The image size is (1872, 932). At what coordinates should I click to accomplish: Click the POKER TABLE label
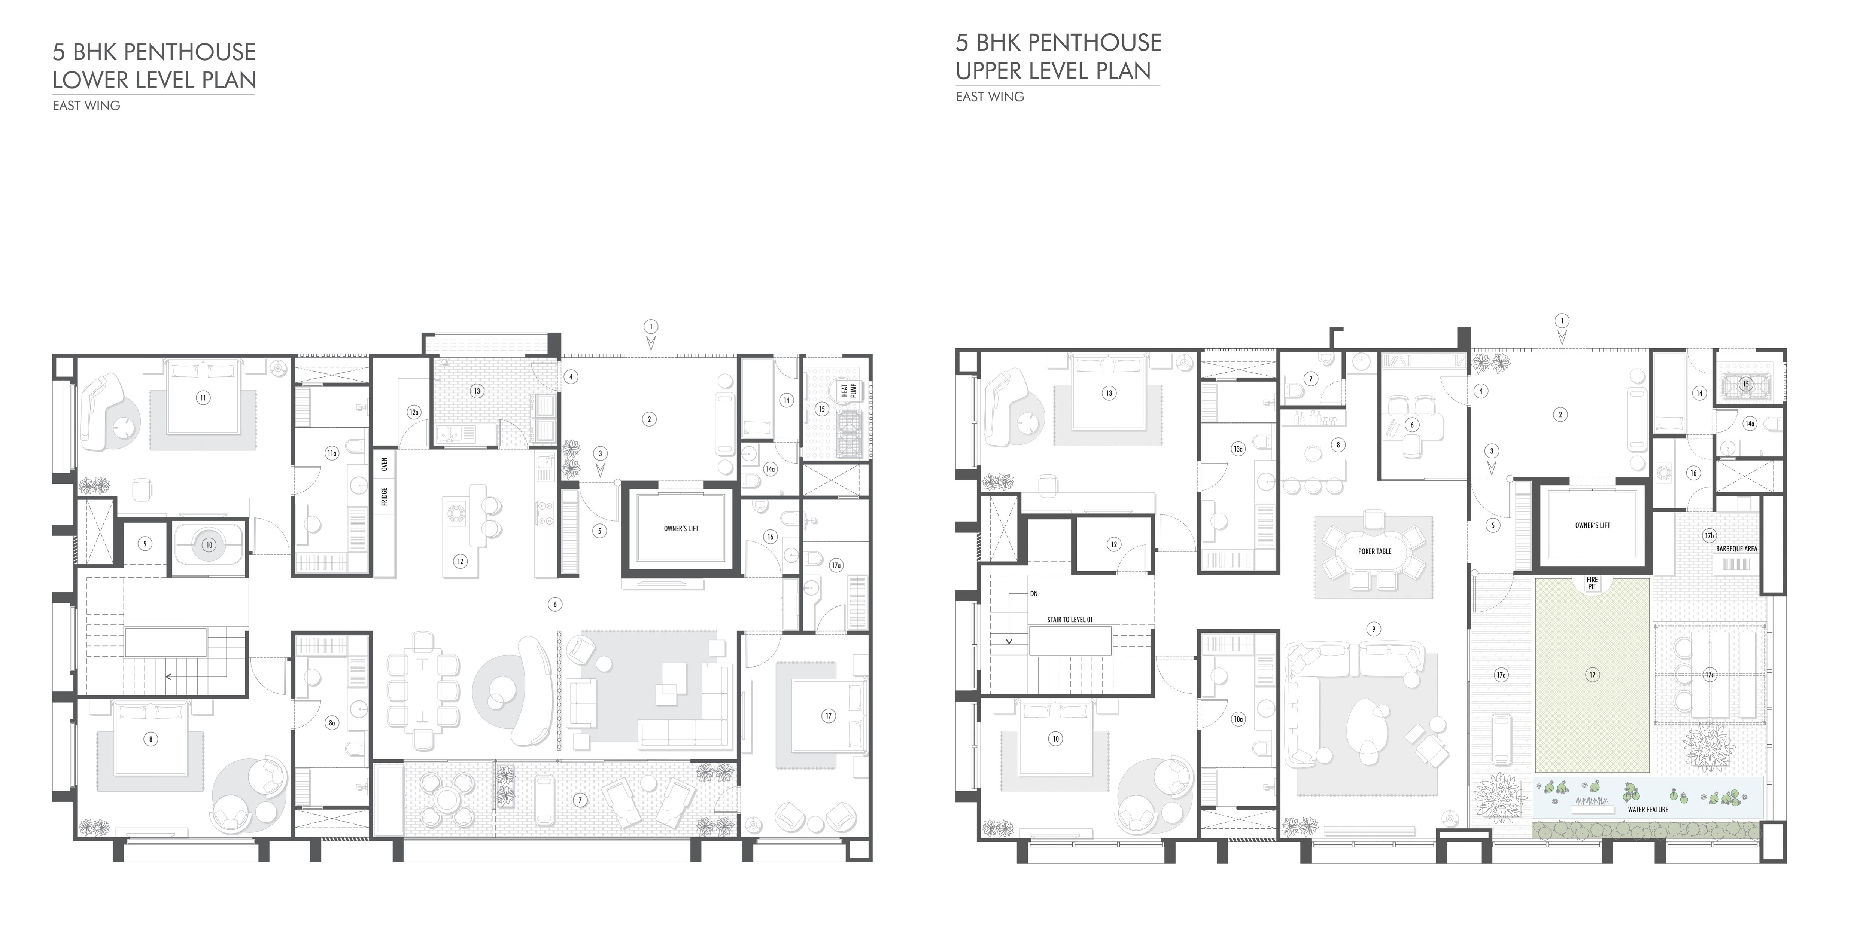[x=1374, y=551]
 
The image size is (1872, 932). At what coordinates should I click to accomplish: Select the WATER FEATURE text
[x=1647, y=809]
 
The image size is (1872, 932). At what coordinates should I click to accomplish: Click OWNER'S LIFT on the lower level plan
[x=681, y=529]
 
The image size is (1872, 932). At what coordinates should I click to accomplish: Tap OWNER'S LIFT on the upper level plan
[x=1592, y=525]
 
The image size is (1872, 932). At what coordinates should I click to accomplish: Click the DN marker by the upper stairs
[x=1033, y=593]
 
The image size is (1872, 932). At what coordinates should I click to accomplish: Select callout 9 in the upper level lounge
[x=1373, y=629]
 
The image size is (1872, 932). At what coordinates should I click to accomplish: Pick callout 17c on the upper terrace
[x=1709, y=675]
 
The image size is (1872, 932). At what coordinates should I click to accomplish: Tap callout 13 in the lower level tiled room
[x=477, y=391]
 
